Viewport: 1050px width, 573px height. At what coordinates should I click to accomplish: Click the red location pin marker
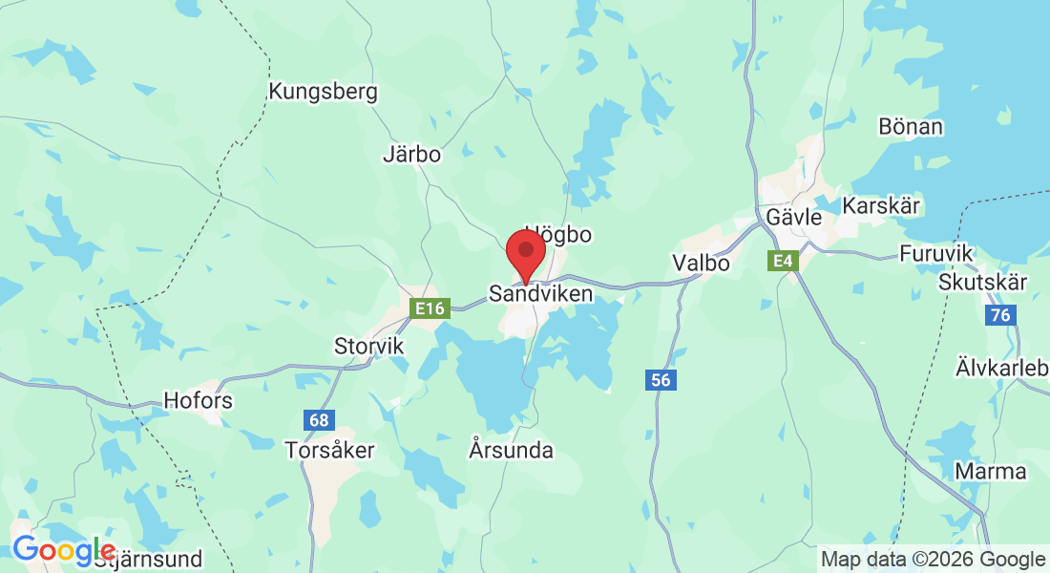(525, 253)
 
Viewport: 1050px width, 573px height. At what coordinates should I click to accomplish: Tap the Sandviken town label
(540, 294)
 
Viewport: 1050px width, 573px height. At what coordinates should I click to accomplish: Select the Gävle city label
(793, 218)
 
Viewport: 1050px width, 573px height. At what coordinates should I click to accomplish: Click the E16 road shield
(429, 308)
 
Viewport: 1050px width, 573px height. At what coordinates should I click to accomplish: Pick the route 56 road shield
(661, 380)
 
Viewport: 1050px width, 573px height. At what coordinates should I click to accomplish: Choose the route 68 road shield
(319, 419)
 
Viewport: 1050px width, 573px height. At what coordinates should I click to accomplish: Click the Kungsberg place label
(324, 93)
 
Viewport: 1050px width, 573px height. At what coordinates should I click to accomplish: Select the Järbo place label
(411, 154)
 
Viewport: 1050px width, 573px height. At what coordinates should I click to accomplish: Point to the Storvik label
(369, 345)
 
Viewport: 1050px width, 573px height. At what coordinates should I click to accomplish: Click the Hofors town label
(199, 400)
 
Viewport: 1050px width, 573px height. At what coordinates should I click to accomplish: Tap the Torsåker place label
(330, 450)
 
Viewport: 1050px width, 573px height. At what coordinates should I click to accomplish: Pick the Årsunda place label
(512, 449)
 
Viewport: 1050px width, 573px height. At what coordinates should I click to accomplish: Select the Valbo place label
(701, 263)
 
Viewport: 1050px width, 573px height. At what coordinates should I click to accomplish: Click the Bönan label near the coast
(911, 126)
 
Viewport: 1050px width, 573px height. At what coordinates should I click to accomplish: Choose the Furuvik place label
(936, 253)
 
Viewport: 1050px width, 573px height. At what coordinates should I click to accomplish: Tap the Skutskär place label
(982, 283)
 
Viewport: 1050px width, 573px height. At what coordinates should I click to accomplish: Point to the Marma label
(991, 472)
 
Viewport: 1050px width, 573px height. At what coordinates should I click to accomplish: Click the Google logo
(63, 550)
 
